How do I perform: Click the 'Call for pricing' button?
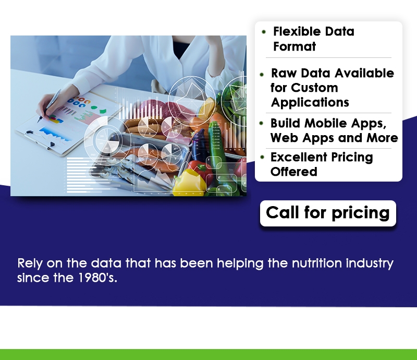click(328, 213)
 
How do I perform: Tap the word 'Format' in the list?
click(295, 46)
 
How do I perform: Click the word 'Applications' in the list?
click(310, 102)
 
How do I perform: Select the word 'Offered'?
click(294, 172)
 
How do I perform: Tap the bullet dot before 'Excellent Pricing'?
click(263, 157)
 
